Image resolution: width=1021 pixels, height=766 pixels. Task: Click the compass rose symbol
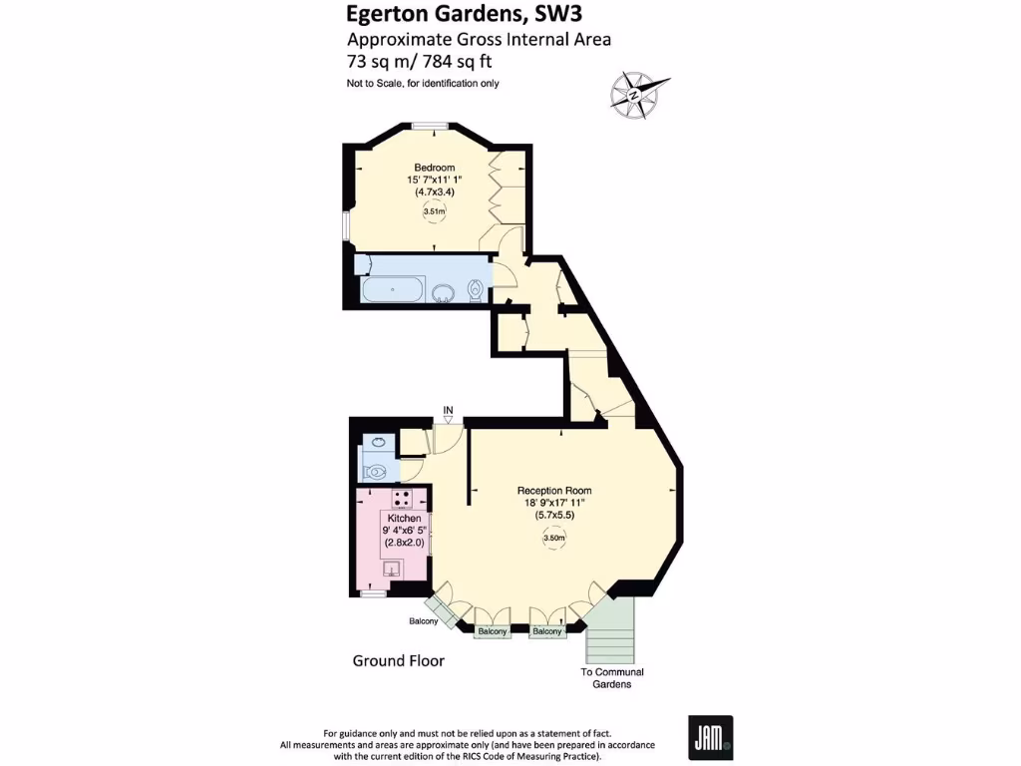tap(635, 95)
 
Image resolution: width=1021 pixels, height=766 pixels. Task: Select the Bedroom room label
tap(435, 167)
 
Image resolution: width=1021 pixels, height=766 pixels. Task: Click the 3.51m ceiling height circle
tap(435, 211)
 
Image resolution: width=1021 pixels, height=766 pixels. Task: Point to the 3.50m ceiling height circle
tap(554, 539)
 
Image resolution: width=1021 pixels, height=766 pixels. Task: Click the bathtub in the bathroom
tap(393, 291)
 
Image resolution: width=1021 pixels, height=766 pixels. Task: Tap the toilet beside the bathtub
tap(477, 290)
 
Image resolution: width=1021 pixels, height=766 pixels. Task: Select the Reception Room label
tap(554, 491)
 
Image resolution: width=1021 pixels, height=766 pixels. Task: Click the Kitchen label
tap(405, 519)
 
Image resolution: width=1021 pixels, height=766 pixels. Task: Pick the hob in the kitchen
tap(402, 500)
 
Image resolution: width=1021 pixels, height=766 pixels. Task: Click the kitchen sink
tap(392, 569)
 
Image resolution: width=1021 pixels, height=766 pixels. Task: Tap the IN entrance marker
tap(449, 410)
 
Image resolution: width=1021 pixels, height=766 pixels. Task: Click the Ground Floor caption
tap(399, 661)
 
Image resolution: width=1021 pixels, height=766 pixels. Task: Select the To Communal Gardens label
tap(612, 678)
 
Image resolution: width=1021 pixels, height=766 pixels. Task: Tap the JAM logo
tap(710, 737)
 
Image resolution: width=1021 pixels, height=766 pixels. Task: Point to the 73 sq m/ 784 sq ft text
tap(420, 61)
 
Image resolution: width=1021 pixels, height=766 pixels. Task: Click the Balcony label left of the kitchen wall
tap(423, 621)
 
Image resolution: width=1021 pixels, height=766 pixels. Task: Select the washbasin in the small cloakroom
tap(378, 442)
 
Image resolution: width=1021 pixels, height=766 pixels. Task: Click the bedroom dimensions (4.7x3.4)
tap(435, 191)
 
